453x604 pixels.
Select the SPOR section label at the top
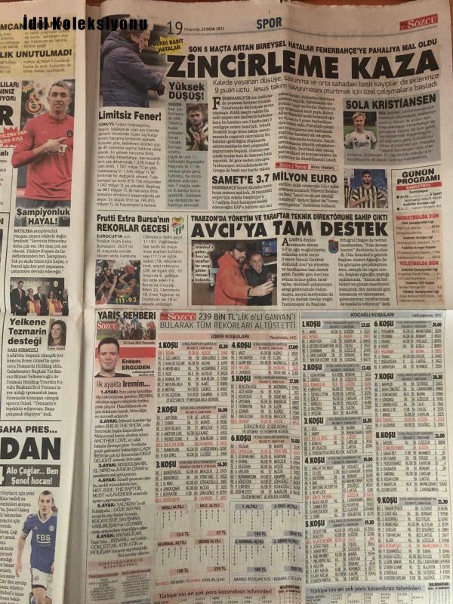(x=269, y=23)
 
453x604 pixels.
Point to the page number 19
(x=174, y=29)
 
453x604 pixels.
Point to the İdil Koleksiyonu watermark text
(x=85, y=23)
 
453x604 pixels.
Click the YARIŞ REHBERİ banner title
(x=118, y=315)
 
